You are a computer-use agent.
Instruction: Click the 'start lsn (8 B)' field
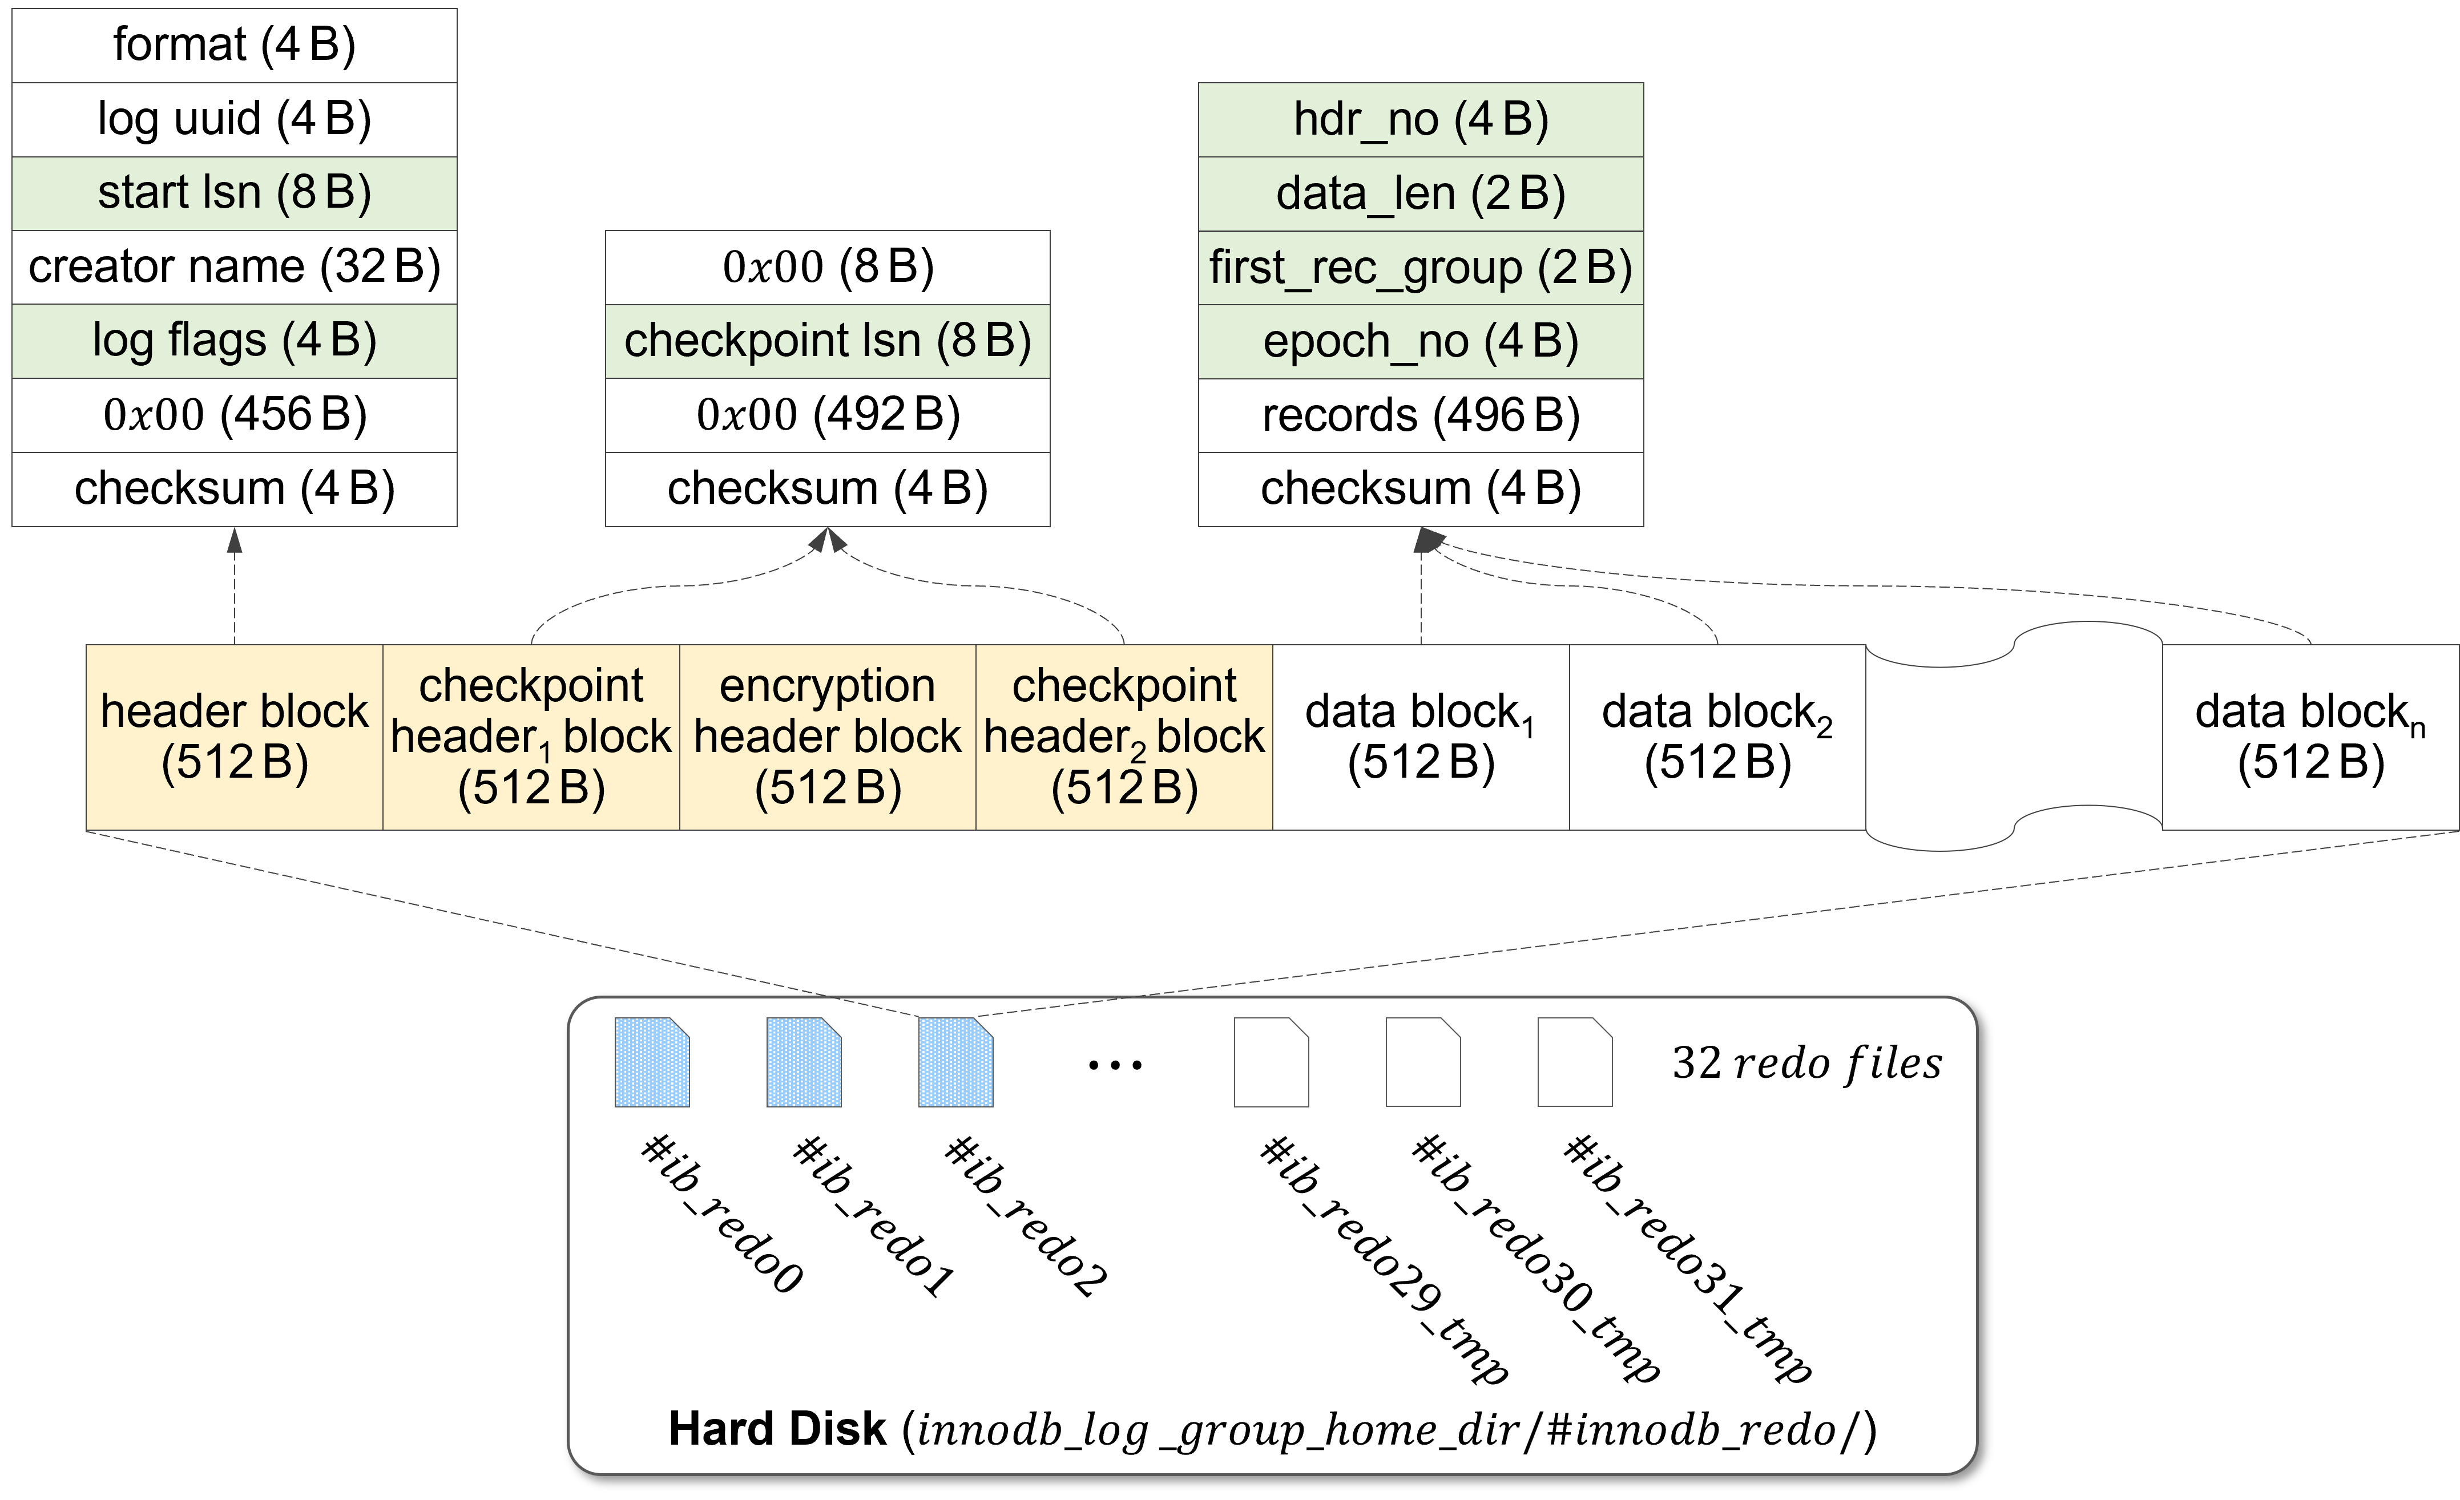pyautogui.click(x=235, y=193)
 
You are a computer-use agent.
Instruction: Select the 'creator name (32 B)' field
pyautogui.click(x=235, y=266)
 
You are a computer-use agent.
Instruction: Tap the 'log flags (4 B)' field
pyautogui.click(x=235, y=340)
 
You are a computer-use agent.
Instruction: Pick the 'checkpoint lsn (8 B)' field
pyautogui.click(x=828, y=340)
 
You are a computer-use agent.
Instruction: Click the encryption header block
pyautogui.click(x=828, y=737)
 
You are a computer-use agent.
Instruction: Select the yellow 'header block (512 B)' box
pyautogui.click(x=235, y=737)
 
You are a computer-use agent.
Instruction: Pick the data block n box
pyautogui.click(x=2310, y=737)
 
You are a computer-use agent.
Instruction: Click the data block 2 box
pyautogui.click(x=1717, y=737)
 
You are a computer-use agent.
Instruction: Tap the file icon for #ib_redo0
pyautogui.click(x=652, y=1062)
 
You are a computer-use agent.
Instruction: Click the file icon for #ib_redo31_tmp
pyautogui.click(x=1574, y=1062)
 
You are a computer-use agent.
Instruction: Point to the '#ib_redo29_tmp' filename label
pyautogui.click(x=1384, y=1259)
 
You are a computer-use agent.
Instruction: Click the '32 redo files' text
pyautogui.click(x=1807, y=1063)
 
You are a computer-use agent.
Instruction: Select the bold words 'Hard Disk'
pyautogui.click(x=777, y=1428)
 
